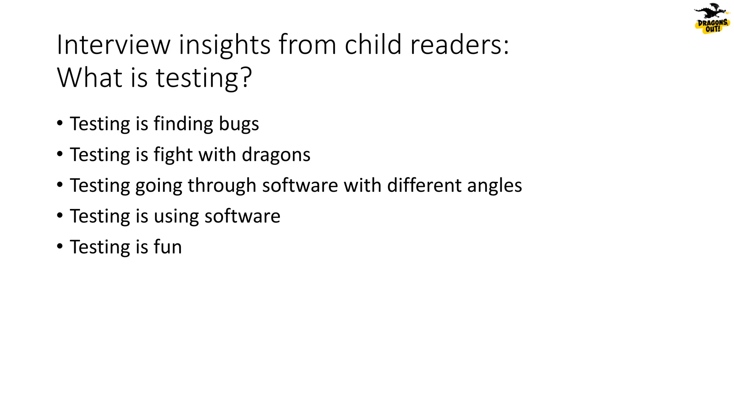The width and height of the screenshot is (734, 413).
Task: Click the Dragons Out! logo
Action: (712, 19)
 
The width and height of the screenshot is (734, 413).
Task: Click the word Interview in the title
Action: (114, 45)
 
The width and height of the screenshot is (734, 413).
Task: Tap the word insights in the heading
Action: (225, 45)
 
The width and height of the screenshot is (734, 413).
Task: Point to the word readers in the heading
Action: (459, 45)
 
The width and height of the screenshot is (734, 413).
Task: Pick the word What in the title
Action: (90, 77)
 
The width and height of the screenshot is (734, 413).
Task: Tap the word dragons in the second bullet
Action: (276, 155)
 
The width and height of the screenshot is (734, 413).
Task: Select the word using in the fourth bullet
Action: (176, 217)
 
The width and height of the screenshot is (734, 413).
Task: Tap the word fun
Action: (168, 247)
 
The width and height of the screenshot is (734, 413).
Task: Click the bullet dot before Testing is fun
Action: (60, 246)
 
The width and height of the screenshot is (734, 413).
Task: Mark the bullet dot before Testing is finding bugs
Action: (60, 123)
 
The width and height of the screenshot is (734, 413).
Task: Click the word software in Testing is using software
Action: (242, 217)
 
